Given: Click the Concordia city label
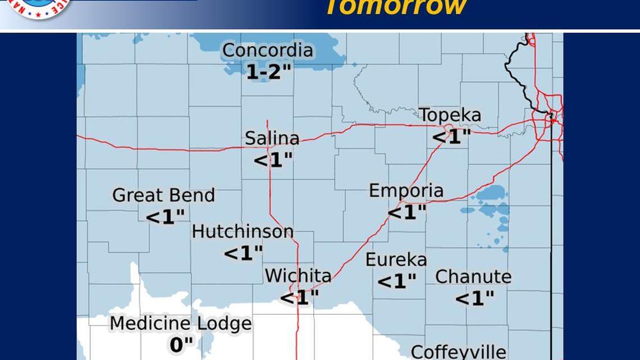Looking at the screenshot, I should [x=268, y=50].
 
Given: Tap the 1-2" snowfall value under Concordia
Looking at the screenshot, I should [x=269, y=71].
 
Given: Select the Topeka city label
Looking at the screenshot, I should [x=450, y=115].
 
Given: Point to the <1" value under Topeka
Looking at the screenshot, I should [x=451, y=136].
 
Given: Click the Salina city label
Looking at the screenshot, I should [x=272, y=138].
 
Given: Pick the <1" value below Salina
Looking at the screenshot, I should [x=273, y=160].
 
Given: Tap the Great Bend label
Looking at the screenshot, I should [x=163, y=195].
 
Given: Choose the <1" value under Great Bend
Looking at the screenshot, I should [x=165, y=216].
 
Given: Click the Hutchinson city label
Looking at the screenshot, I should [x=243, y=231].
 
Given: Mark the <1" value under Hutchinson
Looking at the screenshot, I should [x=243, y=253].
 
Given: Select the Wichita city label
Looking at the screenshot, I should [x=298, y=276].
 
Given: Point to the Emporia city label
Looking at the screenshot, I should [x=406, y=191].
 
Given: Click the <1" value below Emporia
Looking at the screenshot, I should [x=407, y=212].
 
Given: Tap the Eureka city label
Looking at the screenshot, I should [x=396, y=259].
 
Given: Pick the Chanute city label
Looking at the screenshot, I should [x=473, y=277].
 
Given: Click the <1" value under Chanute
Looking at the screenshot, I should [x=474, y=298].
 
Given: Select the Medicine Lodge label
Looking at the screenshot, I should [x=180, y=323].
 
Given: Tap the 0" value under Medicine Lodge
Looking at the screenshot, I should [x=181, y=344].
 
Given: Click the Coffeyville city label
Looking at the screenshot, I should [x=458, y=352].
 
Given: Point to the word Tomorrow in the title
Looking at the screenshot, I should [x=396, y=7].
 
